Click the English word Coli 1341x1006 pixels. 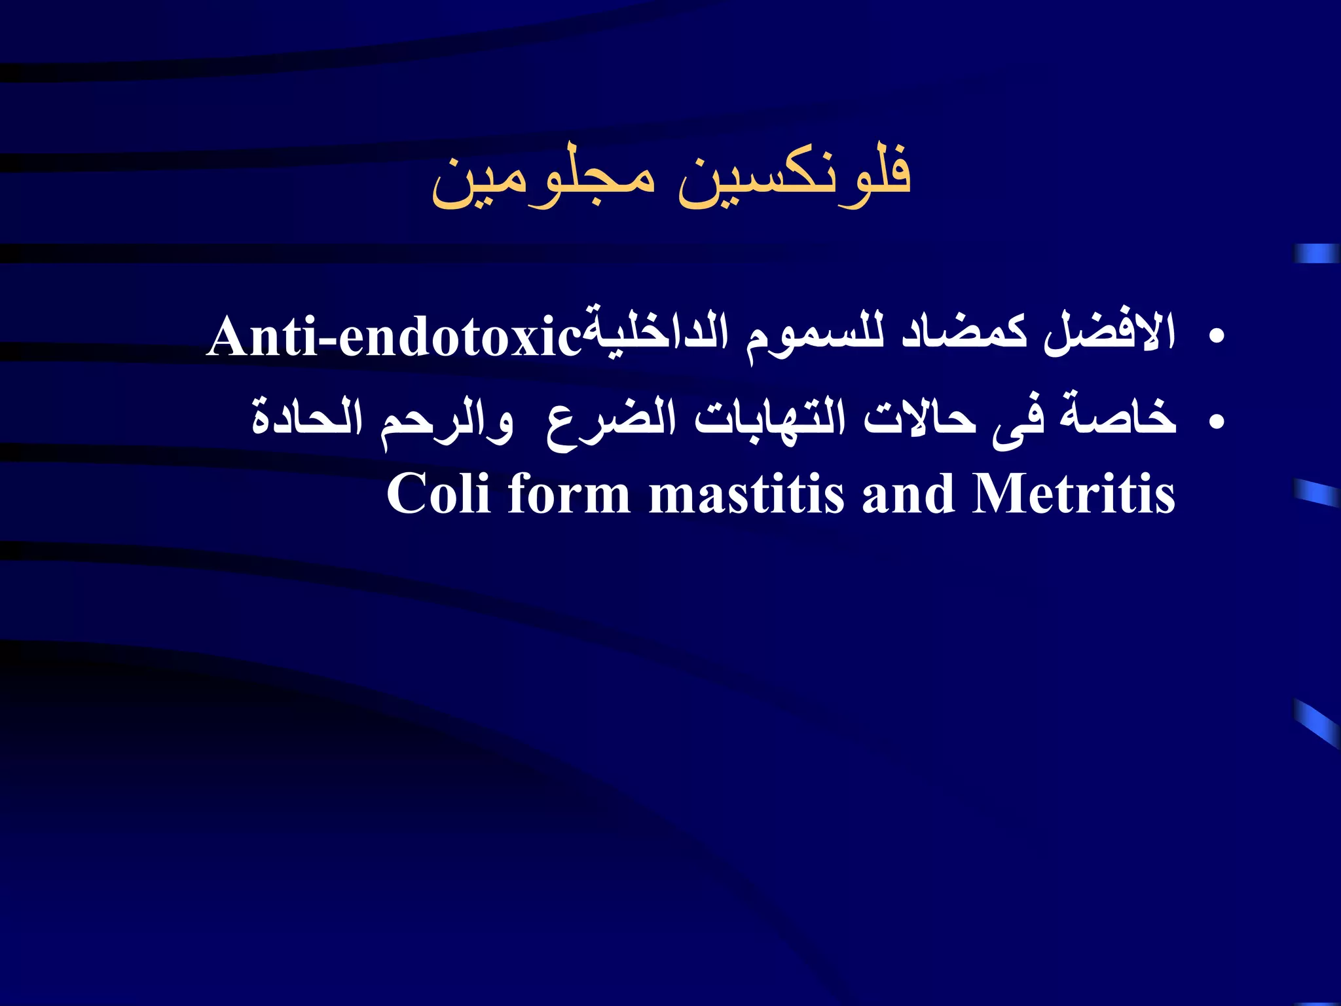click(x=438, y=494)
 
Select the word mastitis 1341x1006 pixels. click(x=746, y=494)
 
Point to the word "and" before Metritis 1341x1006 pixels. click(x=908, y=494)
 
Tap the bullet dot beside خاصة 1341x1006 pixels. click(x=1217, y=422)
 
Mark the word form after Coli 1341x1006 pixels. click(x=569, y=494)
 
